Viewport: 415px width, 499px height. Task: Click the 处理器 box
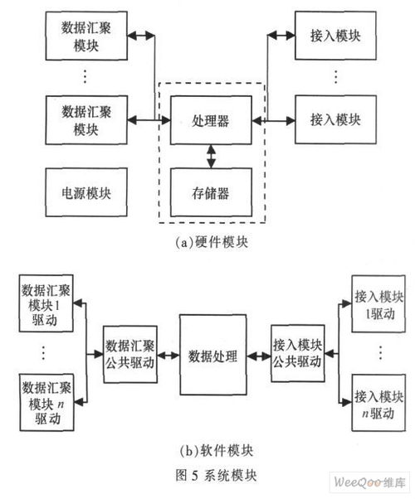click(211, 120)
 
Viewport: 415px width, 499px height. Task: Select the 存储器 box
click(211, 192)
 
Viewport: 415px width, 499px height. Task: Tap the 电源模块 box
click(86, 192)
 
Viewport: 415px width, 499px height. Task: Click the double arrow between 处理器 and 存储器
click(211, 157)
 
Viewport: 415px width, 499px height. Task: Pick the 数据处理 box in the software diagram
click(213, 355)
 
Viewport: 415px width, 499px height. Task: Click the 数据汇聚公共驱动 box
click(130, 354)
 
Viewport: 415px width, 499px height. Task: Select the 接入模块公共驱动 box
click(298, 353)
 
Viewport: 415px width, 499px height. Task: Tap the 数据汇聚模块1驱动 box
click(46, 303)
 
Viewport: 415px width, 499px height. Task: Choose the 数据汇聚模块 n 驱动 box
click(46, 403)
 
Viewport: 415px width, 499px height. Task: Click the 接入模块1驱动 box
click(378, 304)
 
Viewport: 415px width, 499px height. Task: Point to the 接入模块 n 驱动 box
click(378, 403)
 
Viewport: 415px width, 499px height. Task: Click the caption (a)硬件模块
click(212, 242)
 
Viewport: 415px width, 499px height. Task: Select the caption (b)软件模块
click(217, 451)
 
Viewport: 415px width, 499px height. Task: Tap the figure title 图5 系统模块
click(216, 476)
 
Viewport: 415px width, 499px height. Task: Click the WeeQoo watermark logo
click(369, 482)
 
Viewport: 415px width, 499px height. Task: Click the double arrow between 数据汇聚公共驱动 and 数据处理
click(168, 355)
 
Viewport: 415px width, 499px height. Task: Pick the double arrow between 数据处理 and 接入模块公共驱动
click(259, 356)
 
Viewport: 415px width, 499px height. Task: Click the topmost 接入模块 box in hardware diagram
click(335, 36)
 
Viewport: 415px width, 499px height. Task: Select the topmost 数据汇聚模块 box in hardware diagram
click(86, 36)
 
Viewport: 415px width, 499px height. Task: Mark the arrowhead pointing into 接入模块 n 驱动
click(347, 403)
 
